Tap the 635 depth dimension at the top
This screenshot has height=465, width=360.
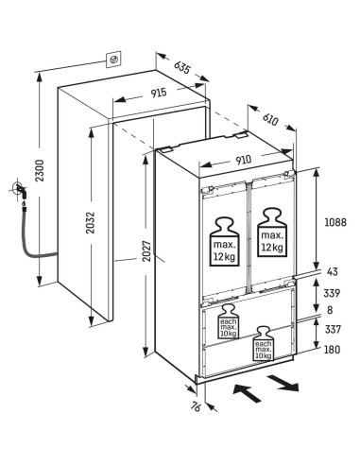(x=183, y=69)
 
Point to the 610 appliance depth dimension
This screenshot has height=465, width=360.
(x=270, y=119)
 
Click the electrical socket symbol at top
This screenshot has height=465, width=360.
(x=112, y=60)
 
